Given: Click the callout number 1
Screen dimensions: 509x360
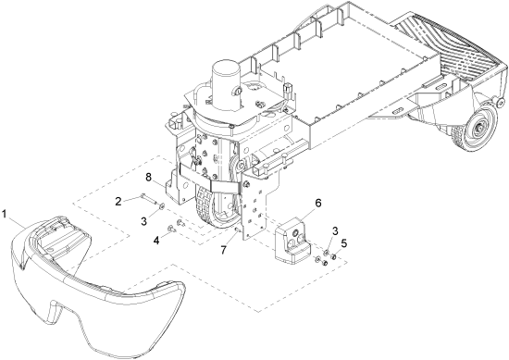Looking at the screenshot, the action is (x=5, y=215).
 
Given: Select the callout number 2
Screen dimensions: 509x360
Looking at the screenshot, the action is (x=118, y=201).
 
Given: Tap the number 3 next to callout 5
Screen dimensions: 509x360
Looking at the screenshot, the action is (x=335, y=231).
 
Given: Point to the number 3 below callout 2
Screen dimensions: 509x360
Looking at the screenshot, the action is (x=144, y=221).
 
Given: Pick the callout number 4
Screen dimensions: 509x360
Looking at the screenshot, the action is (x=156, y=241).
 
